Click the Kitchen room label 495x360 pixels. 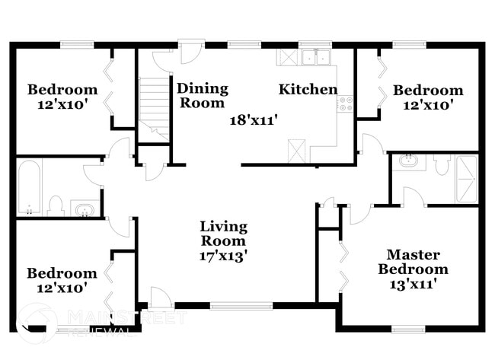(308, 89)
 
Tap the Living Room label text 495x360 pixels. (223, 234)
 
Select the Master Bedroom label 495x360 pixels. (414, 262)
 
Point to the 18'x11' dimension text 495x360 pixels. (254, 120)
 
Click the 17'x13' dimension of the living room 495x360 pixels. (223, 256)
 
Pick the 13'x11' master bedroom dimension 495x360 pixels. (414, 285)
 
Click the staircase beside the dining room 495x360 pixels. (154, 109)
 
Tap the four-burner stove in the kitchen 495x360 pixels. (345, 104)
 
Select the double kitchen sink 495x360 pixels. (315, 57)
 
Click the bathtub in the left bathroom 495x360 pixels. (30, 187)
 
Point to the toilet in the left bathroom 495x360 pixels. (56, 205)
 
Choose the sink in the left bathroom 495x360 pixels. (83, 209)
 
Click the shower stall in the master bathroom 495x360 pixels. (466, 179)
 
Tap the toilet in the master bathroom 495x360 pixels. (442, 164)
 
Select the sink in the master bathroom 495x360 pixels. (408, 161)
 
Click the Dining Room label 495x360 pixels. (203, 96)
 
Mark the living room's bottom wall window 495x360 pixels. (241, 305)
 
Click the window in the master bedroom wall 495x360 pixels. (408, 329)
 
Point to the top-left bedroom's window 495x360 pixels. (77, 45)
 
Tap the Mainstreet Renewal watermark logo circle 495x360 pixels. (37, 323)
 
